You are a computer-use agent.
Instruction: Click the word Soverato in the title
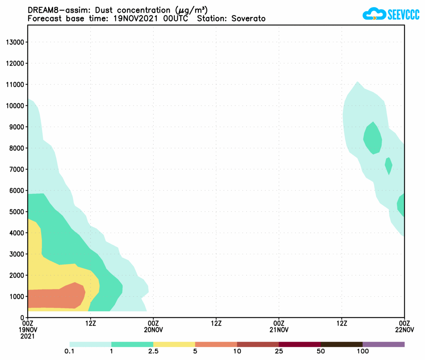[x=248, y=18]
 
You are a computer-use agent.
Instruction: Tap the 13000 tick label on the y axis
[x=15, y=42]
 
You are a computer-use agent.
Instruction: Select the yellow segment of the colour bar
[x=174, y=344]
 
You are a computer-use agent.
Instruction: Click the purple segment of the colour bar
[x=383, y=344]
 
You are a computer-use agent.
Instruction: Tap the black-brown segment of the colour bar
[x=341, y=344]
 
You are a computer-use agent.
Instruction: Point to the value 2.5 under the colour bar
[x=153, y=351]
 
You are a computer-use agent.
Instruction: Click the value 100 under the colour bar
[x=363, y=351]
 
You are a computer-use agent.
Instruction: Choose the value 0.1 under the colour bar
[x=70, y=351]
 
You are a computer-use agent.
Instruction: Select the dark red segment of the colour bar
[x=300, y=344]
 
